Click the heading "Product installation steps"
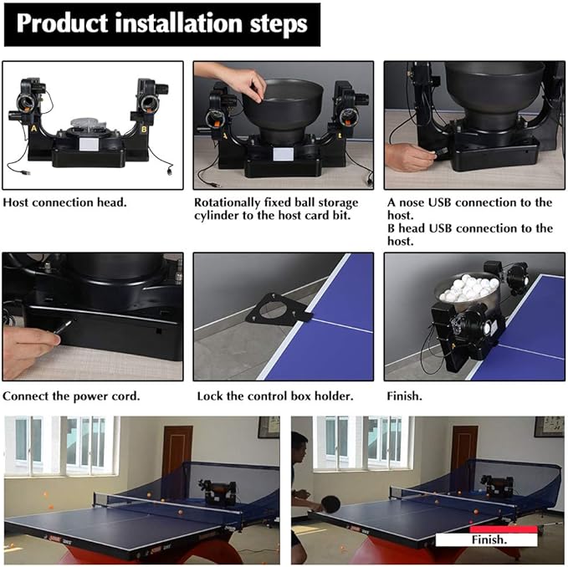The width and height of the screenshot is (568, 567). pyautogui.click(x=162, y=23)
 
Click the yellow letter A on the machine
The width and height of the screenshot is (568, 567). pyautogui.click(x=34, y=128)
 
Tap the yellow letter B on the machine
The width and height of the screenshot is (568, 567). pyautogui.click(x=144, y=130)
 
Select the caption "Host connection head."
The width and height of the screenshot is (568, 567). pyautogui.click(x=65, y=202)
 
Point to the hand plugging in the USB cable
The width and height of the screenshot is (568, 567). pyautogui.click(x=409, y=157)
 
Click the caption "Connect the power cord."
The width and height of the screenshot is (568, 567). pyautogui.click(x=71, y=396)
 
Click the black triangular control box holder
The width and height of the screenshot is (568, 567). pyautogui.click(x=279, y=309)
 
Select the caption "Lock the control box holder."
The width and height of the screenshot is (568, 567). pyautogui.click(x=275, y=396)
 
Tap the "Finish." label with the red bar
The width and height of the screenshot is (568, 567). pyautogui.click(x=487, y=537)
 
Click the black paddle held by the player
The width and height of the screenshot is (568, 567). pyautogui.click(x=330, y=503)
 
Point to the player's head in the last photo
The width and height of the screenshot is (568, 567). pyautogui.click(x=299, y=446)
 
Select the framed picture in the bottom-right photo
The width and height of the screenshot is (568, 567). pyautogui.click(x=549, y=427)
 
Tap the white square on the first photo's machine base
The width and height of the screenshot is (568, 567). pyautogui.click(x=89, y=144)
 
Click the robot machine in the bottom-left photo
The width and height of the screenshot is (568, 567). pyautogui.click(x=217, y=493)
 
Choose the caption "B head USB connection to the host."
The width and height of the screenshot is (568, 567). pyautogui.click(x=470, y=235)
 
